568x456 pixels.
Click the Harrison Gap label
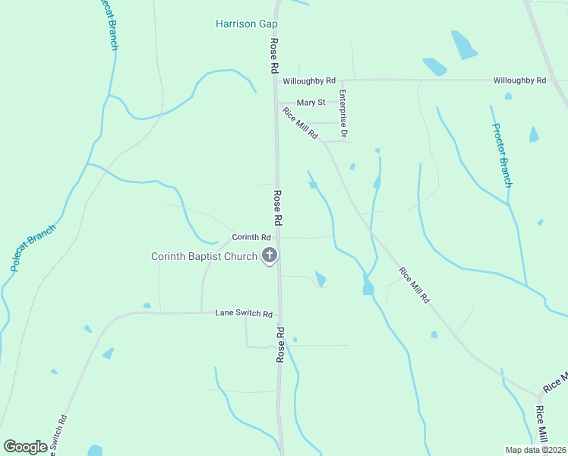[246, 24]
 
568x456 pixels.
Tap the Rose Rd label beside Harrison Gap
[273, 55]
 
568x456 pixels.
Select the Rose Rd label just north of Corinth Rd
[278, 207]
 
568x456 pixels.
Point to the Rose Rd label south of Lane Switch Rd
[281, 344]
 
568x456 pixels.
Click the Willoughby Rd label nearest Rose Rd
[309, 81]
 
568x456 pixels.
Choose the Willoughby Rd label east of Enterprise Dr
[519, 80]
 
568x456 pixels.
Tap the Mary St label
[311, 103]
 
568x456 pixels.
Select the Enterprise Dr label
[343, 115]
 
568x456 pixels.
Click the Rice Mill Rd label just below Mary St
[300, 123]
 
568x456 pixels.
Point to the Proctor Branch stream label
[502, 155]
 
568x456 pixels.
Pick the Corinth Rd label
[251, 237]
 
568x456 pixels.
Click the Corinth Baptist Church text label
[204, 256]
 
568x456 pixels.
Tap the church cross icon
[269, 256]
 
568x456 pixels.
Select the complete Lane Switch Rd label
[244, 313]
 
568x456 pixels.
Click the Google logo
[25, 447]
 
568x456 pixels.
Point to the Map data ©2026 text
[535, 450]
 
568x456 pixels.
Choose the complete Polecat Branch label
[33, 248]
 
